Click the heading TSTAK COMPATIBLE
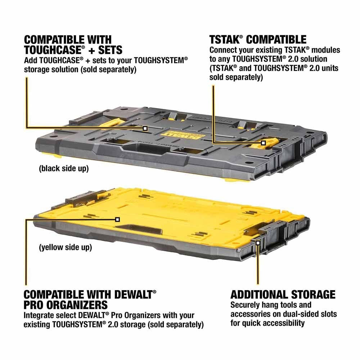[258, 39]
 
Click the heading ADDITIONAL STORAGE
[283, 294]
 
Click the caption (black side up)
[64, 168]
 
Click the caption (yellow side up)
[65, 248]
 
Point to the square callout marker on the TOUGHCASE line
[145, 128]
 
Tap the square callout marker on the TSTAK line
[263, 143]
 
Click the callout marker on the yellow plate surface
[117, 219]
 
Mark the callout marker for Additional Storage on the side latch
[258, 243]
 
